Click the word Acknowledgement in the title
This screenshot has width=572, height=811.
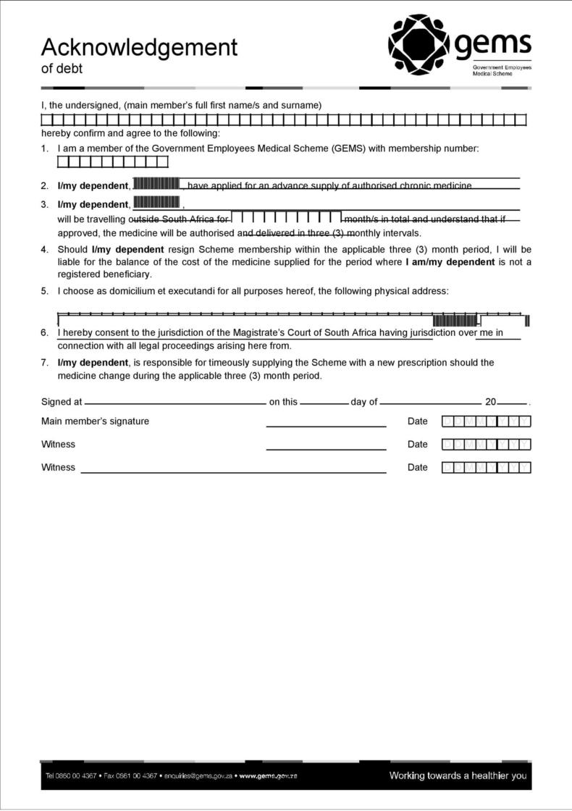click(139, 48)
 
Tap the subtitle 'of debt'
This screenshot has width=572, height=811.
click(62, 69)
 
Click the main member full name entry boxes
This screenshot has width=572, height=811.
click(283, 119)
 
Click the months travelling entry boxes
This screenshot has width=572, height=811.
click(287, 217)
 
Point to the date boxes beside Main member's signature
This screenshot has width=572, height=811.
click(486, 421)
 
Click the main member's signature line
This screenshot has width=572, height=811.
click(326, 426)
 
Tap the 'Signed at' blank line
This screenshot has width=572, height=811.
click(175, 403)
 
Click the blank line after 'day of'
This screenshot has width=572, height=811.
click(430, 403)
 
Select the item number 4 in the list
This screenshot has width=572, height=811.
click(45, 250)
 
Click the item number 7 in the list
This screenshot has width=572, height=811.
click(45, 363)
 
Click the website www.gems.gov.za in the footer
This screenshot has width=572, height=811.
click(268, 776)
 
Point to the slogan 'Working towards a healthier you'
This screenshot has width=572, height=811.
click(458, 776)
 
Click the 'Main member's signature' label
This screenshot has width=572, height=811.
click(95, 421)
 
